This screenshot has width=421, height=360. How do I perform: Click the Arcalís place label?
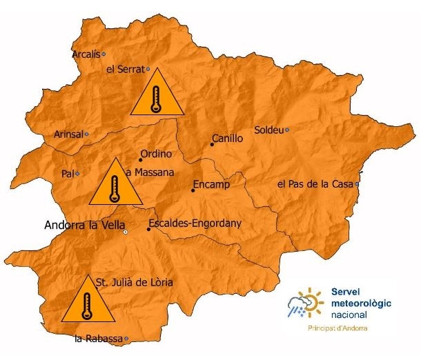(86, 53)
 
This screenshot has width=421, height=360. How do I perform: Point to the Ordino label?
(155, 154)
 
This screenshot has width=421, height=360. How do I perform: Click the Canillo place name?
(227, 139)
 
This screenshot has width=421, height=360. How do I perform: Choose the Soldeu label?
(268, 130)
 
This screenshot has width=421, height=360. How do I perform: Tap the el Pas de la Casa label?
(315, 185)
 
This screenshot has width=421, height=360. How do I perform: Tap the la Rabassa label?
(99, 339)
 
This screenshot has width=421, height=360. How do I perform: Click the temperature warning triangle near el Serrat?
(157, 94)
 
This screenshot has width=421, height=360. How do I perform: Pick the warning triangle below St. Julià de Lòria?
(87, 301)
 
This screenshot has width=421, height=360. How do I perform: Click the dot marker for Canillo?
(212, 145)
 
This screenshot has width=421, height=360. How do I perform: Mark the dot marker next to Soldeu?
(287, 130)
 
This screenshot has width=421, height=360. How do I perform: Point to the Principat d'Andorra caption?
(337, 328)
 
